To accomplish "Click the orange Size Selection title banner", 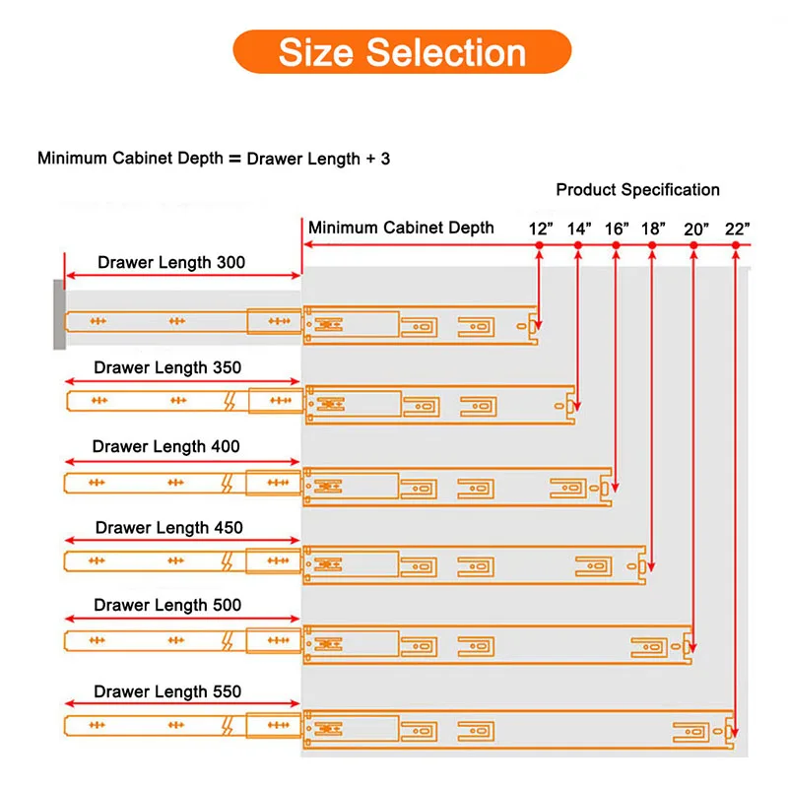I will click(x=402, y=51).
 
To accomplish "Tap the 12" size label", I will click(x=540, y=229).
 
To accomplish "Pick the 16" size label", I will click(x=617, y=229).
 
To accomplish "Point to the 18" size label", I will click(x=653, y=229).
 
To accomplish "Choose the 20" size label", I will click(x=695, y=229).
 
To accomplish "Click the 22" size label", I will click(x=737, y=229).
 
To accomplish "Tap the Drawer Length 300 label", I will click(x=171, y=263).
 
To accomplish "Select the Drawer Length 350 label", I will click(x=167, y=367).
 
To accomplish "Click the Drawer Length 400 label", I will click(x=166, y=446).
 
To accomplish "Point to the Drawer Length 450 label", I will click(x=169, y=527).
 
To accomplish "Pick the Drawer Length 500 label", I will click(x=167, y=604).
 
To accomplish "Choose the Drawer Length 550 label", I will click(x=167, y=691).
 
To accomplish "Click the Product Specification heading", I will click(x=637, y=189).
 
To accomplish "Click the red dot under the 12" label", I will click(x=540, y=244).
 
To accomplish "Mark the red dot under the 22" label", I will click(x=736, y=244).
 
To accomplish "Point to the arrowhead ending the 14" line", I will click(x=578, y=407).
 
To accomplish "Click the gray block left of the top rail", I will click(x=59, y=313).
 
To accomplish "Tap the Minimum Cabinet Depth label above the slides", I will click(x=401, y=228).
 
